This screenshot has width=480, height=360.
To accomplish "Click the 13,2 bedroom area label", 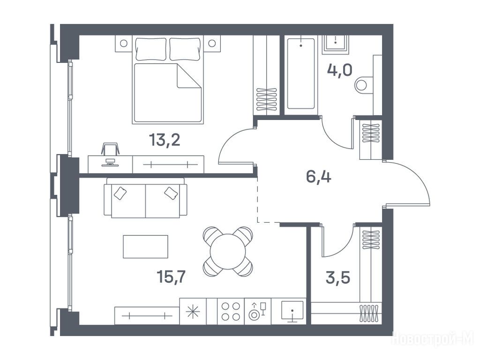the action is (x=165, y=140).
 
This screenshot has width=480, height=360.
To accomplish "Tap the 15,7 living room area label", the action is (x=172, y=277).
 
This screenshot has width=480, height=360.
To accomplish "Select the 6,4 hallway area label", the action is (x=319, y=177).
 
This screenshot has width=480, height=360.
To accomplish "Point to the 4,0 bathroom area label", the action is (x=339, y=70).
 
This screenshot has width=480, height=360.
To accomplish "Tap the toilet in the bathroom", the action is (x=364, y=85).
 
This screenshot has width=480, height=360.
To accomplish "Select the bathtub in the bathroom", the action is (x=300, y=74).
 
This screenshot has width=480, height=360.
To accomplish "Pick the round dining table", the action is (x=228, y=251).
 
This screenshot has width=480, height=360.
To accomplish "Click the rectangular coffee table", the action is (x=145, y=247).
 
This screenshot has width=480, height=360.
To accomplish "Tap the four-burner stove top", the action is (x=231, y=311).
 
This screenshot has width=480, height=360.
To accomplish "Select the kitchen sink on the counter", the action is (x=292, y=311).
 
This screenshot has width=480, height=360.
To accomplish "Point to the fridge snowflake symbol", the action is (x=193, y=312).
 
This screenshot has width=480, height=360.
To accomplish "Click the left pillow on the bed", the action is (x=151, y=49).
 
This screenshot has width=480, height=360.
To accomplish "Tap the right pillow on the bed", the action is (x=185, y=49).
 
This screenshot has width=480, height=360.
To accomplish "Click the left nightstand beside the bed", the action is (x=124, y=44).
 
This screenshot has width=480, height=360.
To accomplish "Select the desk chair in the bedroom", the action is (x=110, y=149).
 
